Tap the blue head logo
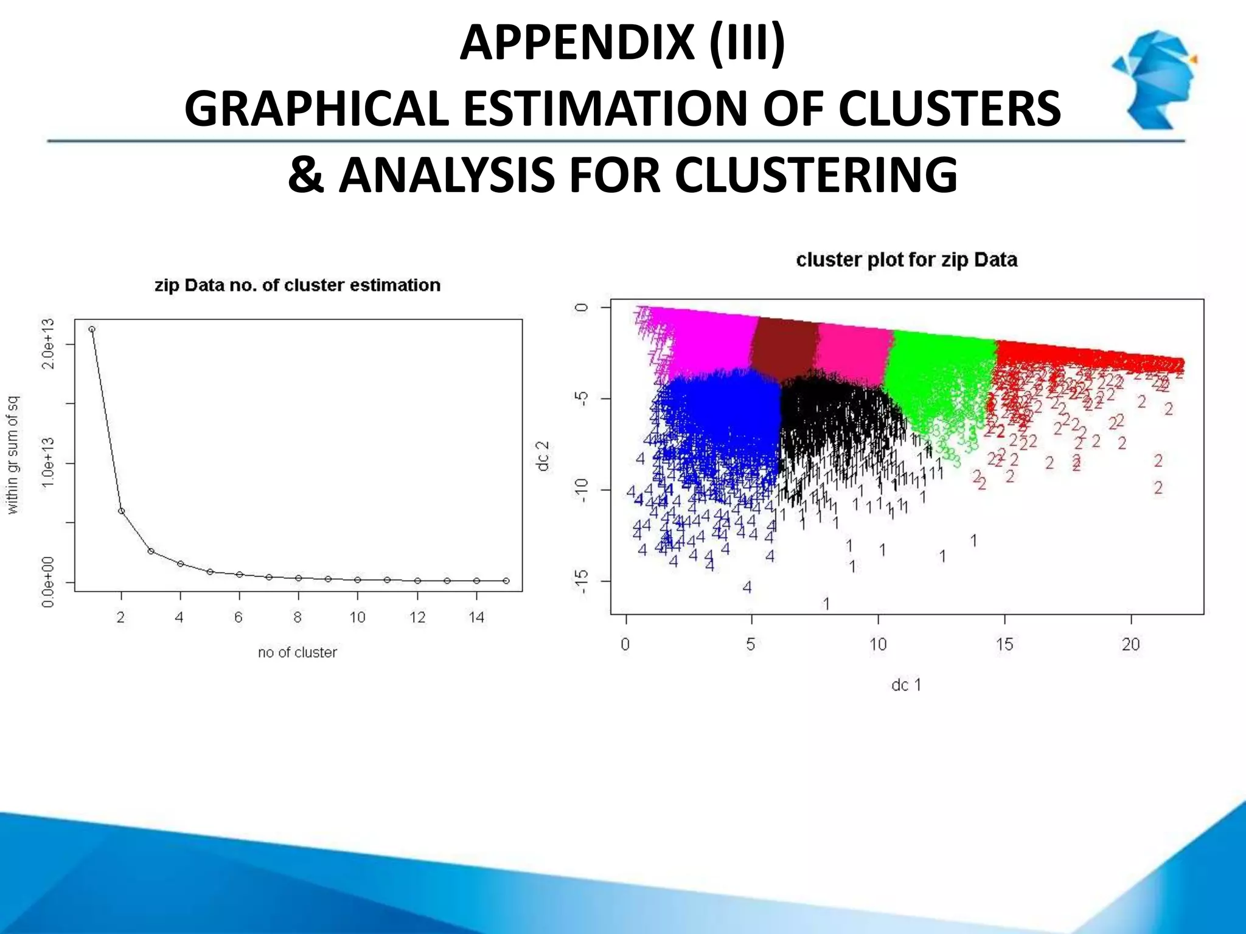coord(1154,79)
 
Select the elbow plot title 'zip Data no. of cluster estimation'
coord(297,285)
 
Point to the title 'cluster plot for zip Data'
coord(907,260)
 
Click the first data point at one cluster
coord(92,329)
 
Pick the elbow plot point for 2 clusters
coord(121,511)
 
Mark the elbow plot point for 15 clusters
coord(506,581)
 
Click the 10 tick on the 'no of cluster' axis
coord(357,618)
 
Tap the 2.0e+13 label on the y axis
coord(49,344)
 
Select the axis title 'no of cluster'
coord(297,652)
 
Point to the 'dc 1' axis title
coord(906,685)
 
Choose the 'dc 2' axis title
coord(543,456)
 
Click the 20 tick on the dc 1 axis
coord(1130,645)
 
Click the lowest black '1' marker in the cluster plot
coord(826,604)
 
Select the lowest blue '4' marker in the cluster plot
coord(747,587)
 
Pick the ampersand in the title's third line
coord(306,175)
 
